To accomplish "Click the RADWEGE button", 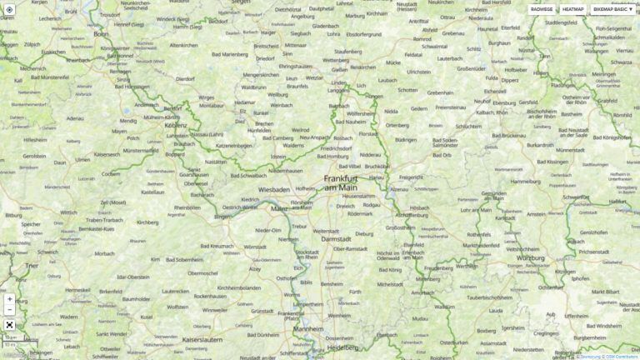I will pyautogui.click(x=542, y=9).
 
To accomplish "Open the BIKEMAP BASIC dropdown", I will pyautogui.click(x=613, y=9).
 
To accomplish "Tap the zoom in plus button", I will pyautogui.click(x=9, y=298).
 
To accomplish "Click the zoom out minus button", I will pyautogui.click(x=9, y=310).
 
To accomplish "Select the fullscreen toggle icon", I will pyautogui.click(x=9, y=325).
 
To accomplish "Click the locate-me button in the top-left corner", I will pyautogui.click(x=9, y=9).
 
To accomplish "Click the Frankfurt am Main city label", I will pyautogui.click(x=340, y=183).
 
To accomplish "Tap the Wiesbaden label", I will pyautogui.click(x=273, y=189).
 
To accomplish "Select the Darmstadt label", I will pyautogui.click(x=337, y=239).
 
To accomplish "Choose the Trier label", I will pyautogui.click(x=32, y=265).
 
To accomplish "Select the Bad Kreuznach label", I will pyautogui.click(x=217, y=246).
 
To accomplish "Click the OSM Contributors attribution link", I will pyautogui.click(x=621, y=357).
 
